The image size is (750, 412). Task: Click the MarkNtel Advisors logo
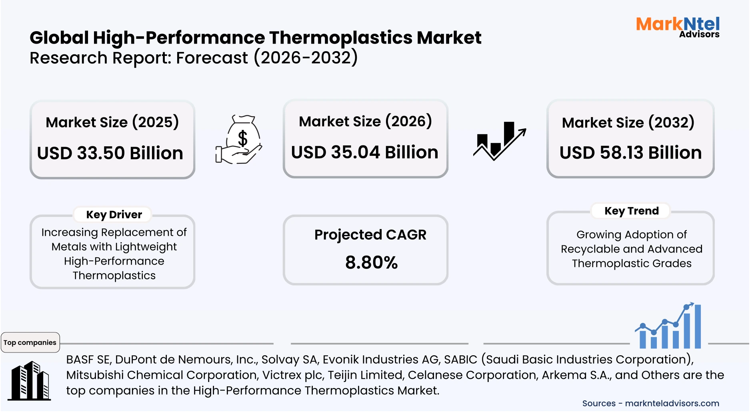(x=678, y=27)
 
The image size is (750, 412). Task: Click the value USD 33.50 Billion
(x=110, y=153)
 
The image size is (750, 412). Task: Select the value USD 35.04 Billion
(x=364, y=153)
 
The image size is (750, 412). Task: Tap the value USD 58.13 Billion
(x=630, y=153)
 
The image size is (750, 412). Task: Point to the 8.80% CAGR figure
(x=371, y=263)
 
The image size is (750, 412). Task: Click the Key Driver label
(x=114, y=215)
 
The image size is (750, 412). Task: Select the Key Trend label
(x=631, y=211)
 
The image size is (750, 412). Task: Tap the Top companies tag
(x=30, y=342)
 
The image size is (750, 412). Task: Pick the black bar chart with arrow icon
(x=499, y=141)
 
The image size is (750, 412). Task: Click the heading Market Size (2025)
(x=112, y=122)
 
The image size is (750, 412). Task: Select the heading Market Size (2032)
(x=628, y=123)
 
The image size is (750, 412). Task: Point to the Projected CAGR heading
(x=370, y=235)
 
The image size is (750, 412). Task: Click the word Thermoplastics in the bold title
(x=341, y=38)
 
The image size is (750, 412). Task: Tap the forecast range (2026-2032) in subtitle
(x=306, y=58)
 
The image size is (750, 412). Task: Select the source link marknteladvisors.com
(x=672, y=404)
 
